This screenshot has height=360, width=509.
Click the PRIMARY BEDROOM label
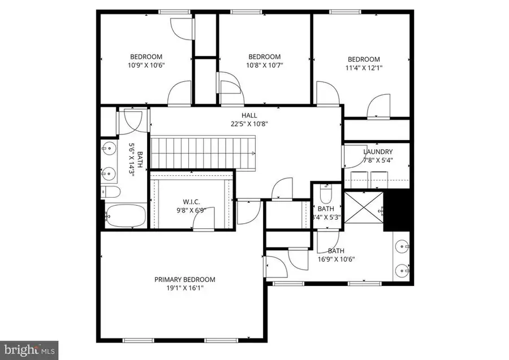pos(185,279)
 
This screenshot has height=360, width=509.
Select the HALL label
pos(245,115)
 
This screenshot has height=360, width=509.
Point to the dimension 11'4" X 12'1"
pos(363,68)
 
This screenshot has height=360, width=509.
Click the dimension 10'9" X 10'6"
pos(146,64)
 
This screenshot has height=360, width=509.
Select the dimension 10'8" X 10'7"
pos(265,64)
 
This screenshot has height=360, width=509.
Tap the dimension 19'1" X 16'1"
pos(185,288)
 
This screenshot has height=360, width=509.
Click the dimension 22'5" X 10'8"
pos(245,124)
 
